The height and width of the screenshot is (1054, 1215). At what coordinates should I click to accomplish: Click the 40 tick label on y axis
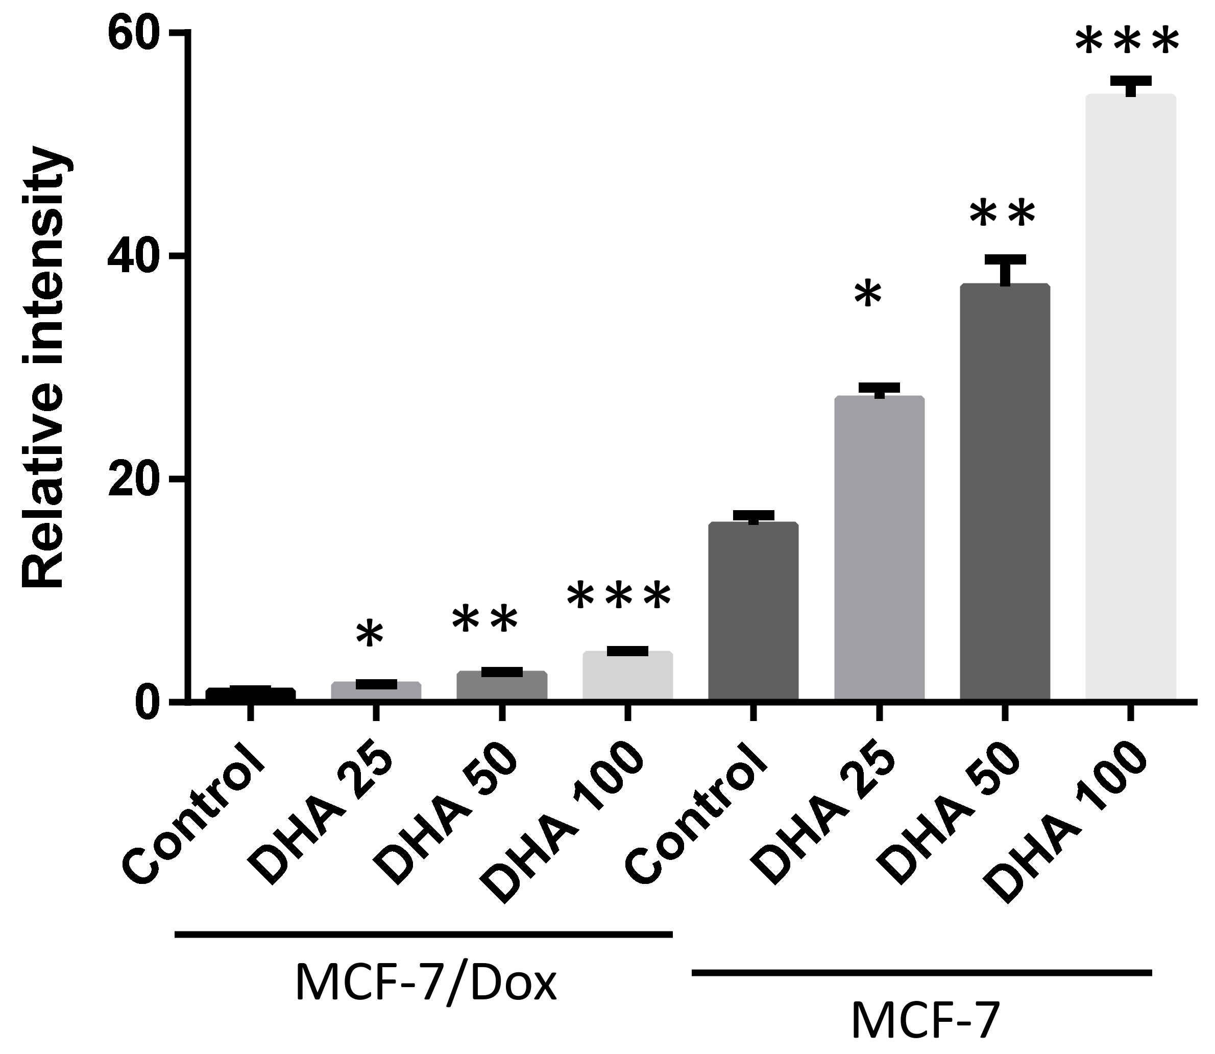[x=139, y=257]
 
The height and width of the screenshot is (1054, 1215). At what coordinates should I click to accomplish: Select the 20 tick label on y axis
[x=139, y=480]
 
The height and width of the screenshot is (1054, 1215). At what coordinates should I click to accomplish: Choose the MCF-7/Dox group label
[x=425, y=984]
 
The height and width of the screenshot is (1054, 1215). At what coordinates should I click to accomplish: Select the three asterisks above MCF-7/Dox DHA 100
[x=618, y=597]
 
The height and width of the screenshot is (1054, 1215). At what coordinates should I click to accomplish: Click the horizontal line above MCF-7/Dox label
[x=423, y=933]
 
